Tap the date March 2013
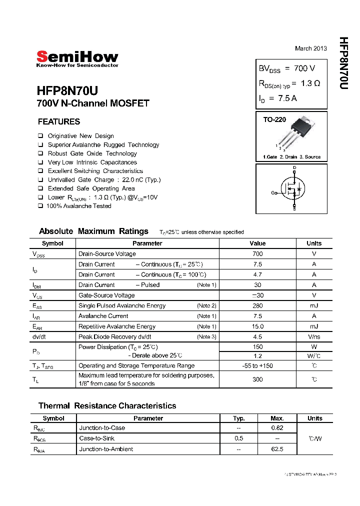[310, 48]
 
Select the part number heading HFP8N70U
[67, 91]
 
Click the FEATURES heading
[59, 121]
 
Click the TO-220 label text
[274, 120]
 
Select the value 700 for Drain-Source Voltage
[257, 254]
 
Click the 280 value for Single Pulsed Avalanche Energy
[257, 305]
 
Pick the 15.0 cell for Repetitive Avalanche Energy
[257, 326]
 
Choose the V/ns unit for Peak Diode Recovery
[314, 337]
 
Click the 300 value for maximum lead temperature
[257, 379]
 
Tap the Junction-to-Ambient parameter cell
[106, 449]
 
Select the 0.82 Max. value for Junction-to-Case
[276, 428]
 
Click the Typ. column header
[239, 418]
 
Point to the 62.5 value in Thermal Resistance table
[276, 449]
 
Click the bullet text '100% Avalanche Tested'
[79, 206]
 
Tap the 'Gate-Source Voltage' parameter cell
[106, 295]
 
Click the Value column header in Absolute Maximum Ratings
[257, 243]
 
